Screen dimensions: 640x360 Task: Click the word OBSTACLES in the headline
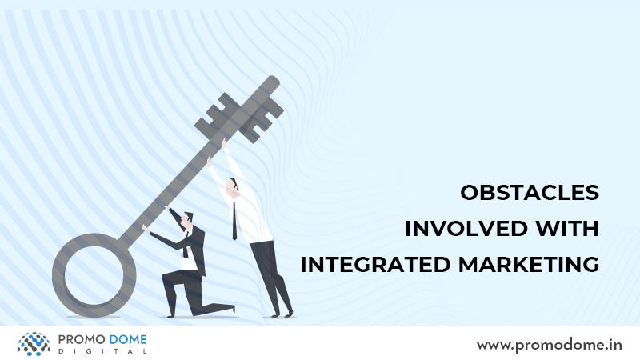pos(530,193)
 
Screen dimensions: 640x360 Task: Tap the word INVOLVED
pos(466,229)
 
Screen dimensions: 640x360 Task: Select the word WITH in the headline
pos(567,229)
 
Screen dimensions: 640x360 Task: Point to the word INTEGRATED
pos(375,265)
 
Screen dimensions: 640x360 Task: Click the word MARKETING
pos(529,265)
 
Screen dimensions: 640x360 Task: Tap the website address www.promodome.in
pos(550,346)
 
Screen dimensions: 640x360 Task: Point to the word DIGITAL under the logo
pos(102,351)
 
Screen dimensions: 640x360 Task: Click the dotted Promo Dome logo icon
pos(34,344)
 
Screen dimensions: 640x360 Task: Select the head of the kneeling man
pos(187,221)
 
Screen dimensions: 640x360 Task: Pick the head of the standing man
pos(233,188)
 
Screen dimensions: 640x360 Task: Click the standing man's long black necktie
pos(234,221)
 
